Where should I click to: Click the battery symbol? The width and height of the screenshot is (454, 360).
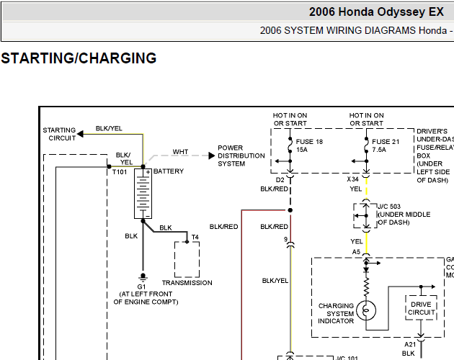143,194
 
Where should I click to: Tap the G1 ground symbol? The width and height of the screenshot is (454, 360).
143,277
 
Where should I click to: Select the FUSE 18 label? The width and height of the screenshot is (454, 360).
309,142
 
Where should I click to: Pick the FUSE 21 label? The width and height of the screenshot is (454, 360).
386,142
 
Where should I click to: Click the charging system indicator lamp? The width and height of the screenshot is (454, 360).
366,310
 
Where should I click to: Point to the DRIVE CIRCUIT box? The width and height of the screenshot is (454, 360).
421,307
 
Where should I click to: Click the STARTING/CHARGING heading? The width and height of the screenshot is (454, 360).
79,58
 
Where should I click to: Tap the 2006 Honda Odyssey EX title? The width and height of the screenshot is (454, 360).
376,12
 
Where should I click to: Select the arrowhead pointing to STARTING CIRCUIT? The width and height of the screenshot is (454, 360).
80,134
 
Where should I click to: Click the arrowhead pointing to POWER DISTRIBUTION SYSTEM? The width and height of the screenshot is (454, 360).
212,156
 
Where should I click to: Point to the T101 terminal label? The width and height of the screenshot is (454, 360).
120,172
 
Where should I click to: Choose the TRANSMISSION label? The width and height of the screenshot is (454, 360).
187,283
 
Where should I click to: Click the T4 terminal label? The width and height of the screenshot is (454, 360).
195,237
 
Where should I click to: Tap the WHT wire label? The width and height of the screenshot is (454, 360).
180,152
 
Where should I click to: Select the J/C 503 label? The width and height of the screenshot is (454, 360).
389,207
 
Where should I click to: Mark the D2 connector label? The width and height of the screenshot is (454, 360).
280,180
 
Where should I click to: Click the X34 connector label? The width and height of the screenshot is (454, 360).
353,179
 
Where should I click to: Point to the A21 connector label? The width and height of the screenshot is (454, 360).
410,344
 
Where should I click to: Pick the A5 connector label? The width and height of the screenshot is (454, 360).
357,252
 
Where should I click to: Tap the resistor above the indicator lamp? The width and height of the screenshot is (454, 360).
366,287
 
